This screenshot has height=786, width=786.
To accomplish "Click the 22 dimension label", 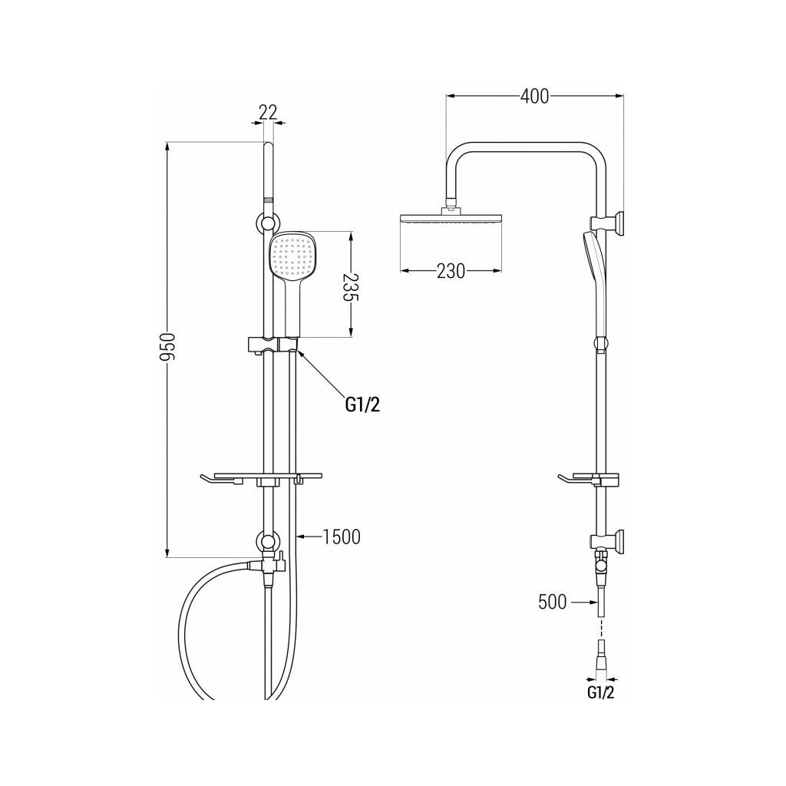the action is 267,112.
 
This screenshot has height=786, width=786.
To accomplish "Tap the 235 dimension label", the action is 351,286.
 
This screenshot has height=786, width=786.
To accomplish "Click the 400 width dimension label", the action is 534,97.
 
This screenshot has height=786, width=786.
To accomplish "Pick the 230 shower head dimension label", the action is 451,271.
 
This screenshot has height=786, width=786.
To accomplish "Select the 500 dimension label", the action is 553,603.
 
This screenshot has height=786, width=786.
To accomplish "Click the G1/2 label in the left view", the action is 362,405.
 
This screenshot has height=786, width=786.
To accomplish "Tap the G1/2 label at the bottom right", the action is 601,693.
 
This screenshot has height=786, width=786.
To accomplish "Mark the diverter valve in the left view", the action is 266,565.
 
